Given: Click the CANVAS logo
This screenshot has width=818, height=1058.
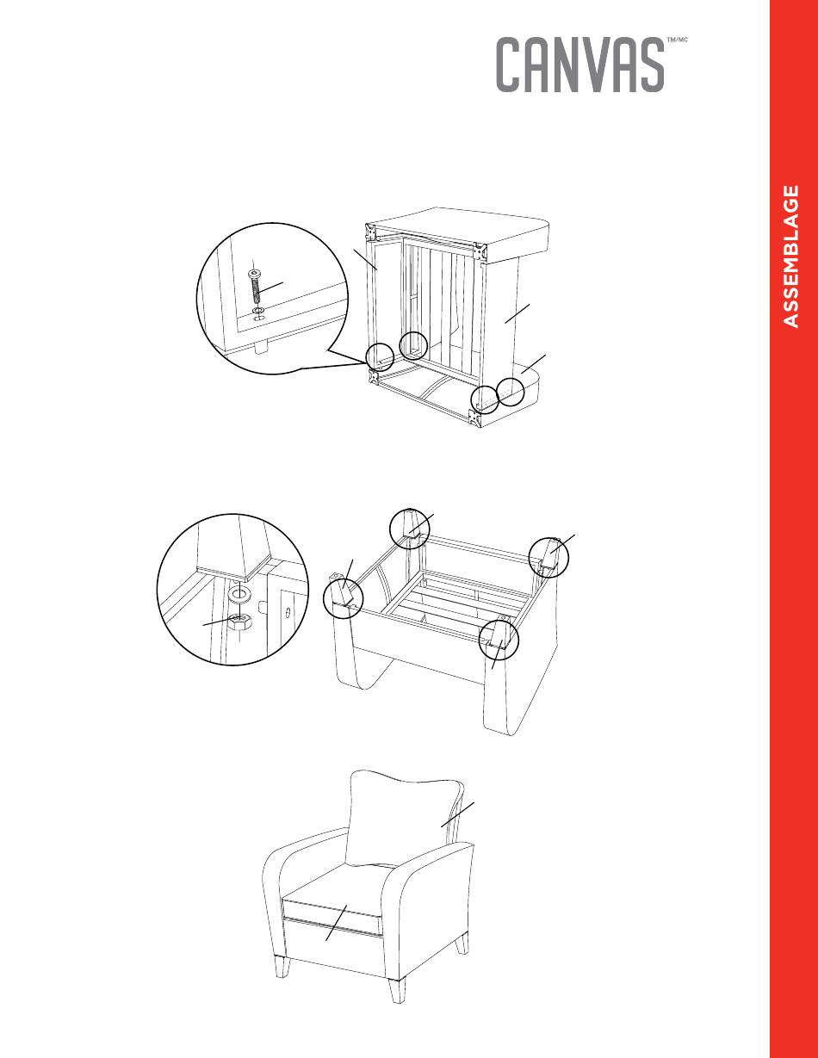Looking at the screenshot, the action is [x=580, y=65].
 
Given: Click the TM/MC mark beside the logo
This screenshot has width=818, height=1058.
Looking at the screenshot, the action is [x=677, y=40].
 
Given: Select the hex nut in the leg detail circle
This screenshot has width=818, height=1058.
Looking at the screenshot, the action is [x=239, y=621].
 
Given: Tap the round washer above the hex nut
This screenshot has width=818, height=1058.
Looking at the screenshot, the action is [x=239, y=593].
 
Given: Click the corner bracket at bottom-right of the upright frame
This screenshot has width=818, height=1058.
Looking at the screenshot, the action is [x=473, y=418].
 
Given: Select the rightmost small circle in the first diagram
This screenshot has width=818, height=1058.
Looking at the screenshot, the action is [x=511, y=392].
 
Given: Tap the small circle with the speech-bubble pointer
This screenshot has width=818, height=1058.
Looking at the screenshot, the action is [x=380, y=356].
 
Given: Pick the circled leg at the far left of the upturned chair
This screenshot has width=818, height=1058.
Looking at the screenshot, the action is [x=344, y=598].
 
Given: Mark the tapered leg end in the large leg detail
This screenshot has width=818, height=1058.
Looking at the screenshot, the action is [x=233, y=548].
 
